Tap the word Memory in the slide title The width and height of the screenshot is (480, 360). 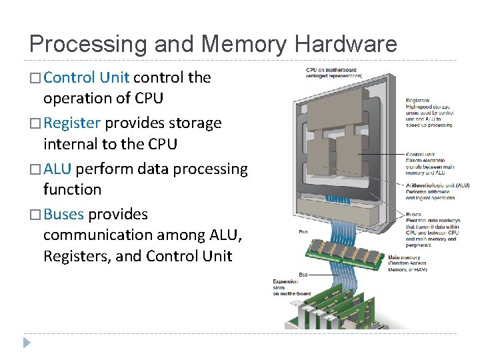[245, 45]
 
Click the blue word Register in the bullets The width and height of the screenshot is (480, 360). [71, 123]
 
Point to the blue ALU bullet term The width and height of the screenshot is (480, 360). [57, 169]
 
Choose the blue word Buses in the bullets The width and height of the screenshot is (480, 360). [63, 214]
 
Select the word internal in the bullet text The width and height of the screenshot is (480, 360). [70, 144]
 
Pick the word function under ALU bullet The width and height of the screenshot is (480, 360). [72, 189]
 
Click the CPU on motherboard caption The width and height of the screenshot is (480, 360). [331, 69]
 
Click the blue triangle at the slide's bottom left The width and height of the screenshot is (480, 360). [27, 343]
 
